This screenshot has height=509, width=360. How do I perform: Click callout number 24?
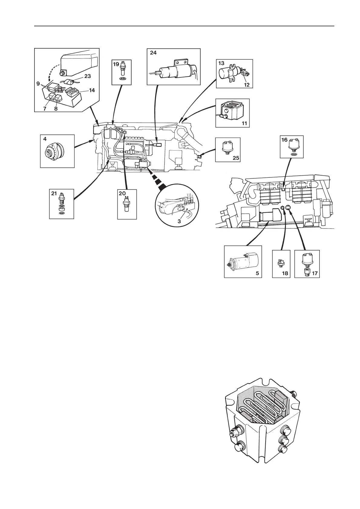[x=153, y=53]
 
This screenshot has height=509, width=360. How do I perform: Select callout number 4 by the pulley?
[x=45, y=139]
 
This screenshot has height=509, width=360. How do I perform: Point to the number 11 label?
[x=244, y=123]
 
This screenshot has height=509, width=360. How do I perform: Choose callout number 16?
[x=284, y=140]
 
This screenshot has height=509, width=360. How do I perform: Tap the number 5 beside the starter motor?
[x=257, y=273]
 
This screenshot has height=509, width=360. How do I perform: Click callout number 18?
[x=285, y=273]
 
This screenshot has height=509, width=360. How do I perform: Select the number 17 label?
[x=315, y=273]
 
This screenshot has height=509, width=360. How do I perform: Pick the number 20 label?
[x=122, y=194]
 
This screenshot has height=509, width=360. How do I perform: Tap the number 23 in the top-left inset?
[x=87, y=76]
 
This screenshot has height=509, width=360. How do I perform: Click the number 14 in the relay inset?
[x=92, y=90]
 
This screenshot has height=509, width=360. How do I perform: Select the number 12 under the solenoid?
[x=247, y=85]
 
